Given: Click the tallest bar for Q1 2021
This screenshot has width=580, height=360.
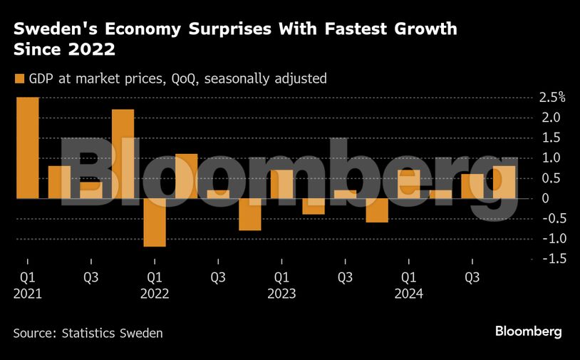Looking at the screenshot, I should [28, 148].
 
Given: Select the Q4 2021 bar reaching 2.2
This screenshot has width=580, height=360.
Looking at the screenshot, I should [123, 153].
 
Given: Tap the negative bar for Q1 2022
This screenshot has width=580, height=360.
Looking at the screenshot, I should [155, 222].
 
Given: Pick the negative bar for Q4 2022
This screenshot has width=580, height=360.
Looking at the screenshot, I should [249, 215].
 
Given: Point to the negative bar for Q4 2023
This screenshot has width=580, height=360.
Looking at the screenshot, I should [377, 210].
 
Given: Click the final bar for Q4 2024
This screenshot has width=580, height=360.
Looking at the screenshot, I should [504, 182].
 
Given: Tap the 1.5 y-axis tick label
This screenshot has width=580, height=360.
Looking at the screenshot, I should [551, 138].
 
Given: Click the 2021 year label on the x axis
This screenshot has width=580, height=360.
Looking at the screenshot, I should [28, 294].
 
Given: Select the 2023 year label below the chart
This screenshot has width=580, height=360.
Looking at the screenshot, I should [282, 294].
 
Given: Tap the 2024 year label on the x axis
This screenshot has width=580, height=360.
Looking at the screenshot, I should [409, 294].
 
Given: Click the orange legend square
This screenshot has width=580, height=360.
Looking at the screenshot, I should [19, 78].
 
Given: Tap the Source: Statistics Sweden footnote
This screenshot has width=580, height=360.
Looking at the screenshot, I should [88, 333].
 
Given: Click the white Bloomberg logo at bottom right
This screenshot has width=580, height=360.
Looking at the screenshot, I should [529, 331].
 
